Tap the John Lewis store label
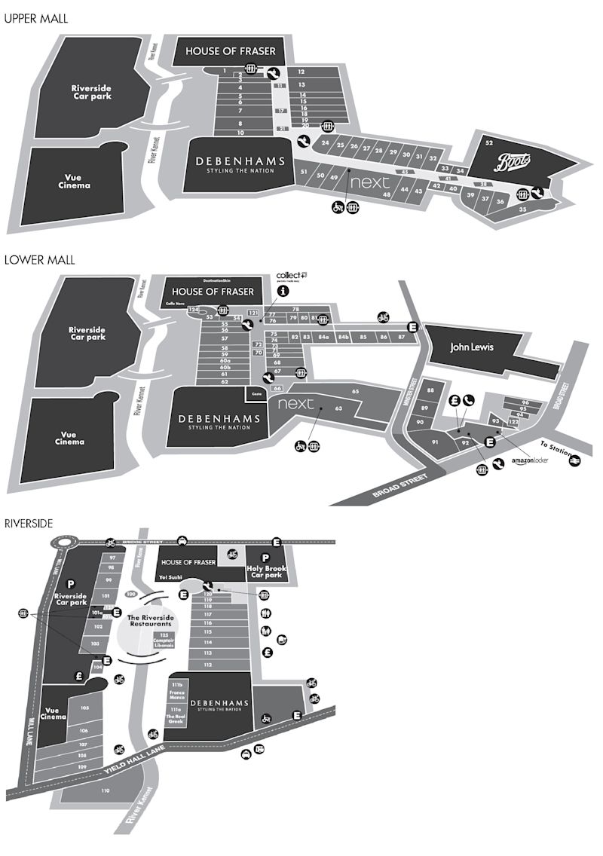coord(471,348)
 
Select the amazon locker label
coord(529,460)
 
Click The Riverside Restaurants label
coord(148,621)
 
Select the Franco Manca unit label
coord(177,696)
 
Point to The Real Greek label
coord(176,718)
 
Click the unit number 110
coord(105,790)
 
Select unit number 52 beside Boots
coord(489,142)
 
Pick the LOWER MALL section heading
coord(39,260)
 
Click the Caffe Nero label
coord(176,303)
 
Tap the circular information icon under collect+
coord(283,290)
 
